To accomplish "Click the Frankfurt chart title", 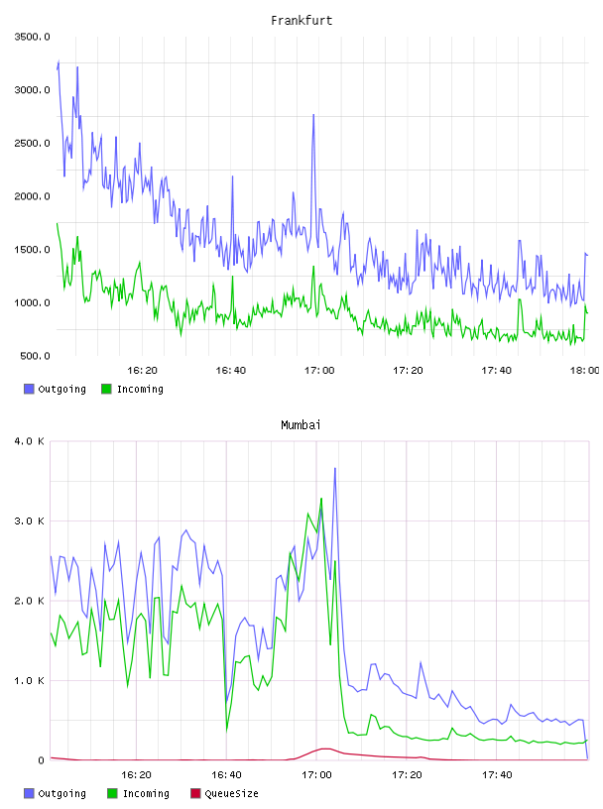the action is [x=301, y=21].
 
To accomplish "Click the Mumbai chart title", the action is [x=301, y=425].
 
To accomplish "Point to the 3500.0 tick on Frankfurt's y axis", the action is [x=32, y=37].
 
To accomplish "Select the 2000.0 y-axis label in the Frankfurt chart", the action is [x=32, y=196].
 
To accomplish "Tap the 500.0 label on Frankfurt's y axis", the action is [x=35, y=356].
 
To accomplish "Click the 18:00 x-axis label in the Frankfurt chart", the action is [x=584, y=371].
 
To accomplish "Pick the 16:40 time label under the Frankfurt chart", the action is [x=231, y=371].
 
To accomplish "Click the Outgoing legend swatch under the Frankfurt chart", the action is [x=29, y=389].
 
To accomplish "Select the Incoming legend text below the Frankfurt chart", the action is [x=140, y=389].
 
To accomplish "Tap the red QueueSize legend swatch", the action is [x=195, y=793].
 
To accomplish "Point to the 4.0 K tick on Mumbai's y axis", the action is [x=30, y=441].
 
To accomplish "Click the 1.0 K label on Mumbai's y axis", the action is [x=30, y=680].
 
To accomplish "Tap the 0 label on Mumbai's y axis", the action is [x=42, y=760].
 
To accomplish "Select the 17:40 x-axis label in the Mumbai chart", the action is [x=497, y=775].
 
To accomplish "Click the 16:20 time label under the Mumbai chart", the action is [x=136, y=775].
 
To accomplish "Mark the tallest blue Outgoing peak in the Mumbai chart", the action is [x=334, y=469].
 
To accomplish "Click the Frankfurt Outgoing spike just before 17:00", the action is [x=313, y=115].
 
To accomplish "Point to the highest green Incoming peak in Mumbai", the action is [x=321, y=499].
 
